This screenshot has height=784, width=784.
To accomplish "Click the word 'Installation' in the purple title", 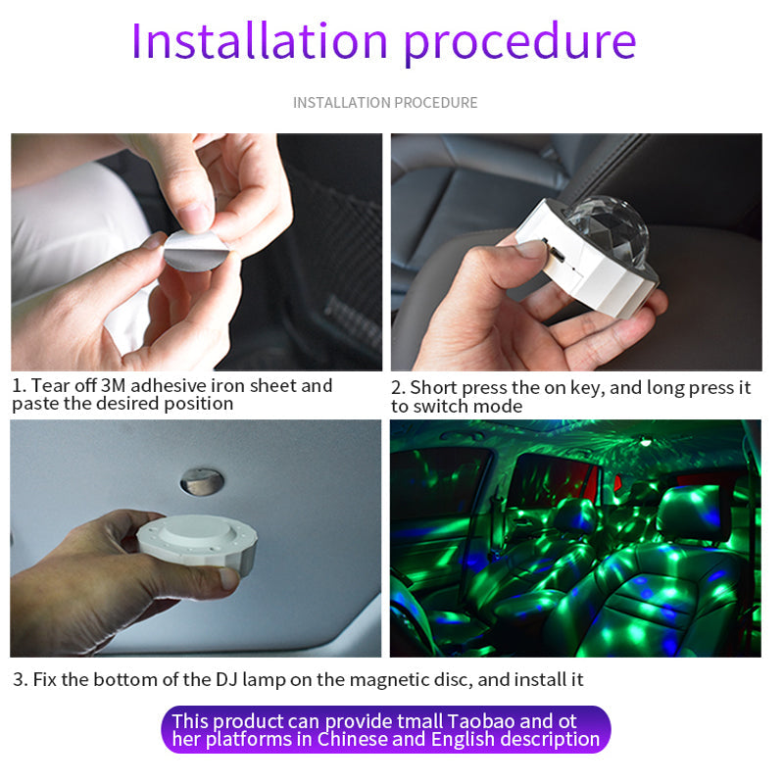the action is [260, 41].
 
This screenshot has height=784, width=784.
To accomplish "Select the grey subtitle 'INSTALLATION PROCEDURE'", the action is [385, 103].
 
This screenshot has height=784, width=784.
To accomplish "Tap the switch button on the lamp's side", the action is [554, 251].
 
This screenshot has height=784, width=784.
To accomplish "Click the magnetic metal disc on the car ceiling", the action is [202, 481].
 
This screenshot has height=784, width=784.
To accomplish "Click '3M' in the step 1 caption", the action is [113, 385].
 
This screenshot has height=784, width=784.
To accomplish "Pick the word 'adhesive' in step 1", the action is [168, 385].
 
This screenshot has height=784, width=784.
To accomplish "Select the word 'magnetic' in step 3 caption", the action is [385, 680].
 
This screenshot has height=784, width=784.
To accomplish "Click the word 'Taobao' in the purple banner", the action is [480, 721].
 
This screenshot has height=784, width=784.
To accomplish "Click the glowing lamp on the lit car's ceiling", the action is [646, 442].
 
